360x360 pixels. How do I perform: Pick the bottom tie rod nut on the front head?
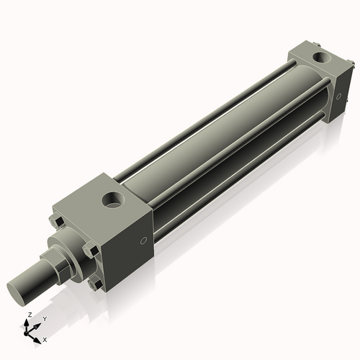[x=93, y=284]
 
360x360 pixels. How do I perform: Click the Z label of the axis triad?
[x=28, y=315]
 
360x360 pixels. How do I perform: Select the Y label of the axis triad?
[x=44, y=319]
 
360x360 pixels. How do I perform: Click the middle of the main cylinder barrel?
[x=216, y=144]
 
